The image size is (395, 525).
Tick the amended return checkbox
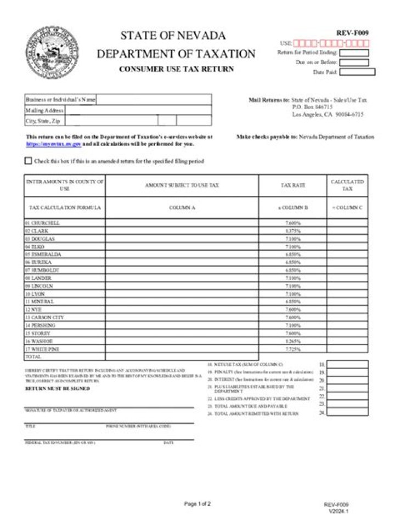[29, 161]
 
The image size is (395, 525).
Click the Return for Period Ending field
[354, 53]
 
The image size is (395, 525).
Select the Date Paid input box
[357, 72]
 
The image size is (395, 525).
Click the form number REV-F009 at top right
[352, 33]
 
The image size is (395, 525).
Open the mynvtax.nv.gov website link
[54, 144]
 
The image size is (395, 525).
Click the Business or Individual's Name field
[154, 100]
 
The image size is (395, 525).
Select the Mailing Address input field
[137, 110]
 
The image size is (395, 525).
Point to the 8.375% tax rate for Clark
[293, 231]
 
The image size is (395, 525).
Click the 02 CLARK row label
[37, 231]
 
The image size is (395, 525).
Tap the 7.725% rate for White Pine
[293, 349]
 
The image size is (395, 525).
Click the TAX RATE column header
[293, 185]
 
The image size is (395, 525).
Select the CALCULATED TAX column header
[347, 185]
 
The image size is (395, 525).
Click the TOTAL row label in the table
[33, 357]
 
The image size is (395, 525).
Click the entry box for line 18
[347, 364]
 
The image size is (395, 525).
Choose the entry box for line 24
[347, 413]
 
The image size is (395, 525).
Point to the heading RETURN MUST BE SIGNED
[58, 388]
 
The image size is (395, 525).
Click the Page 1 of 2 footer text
[197, 504]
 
